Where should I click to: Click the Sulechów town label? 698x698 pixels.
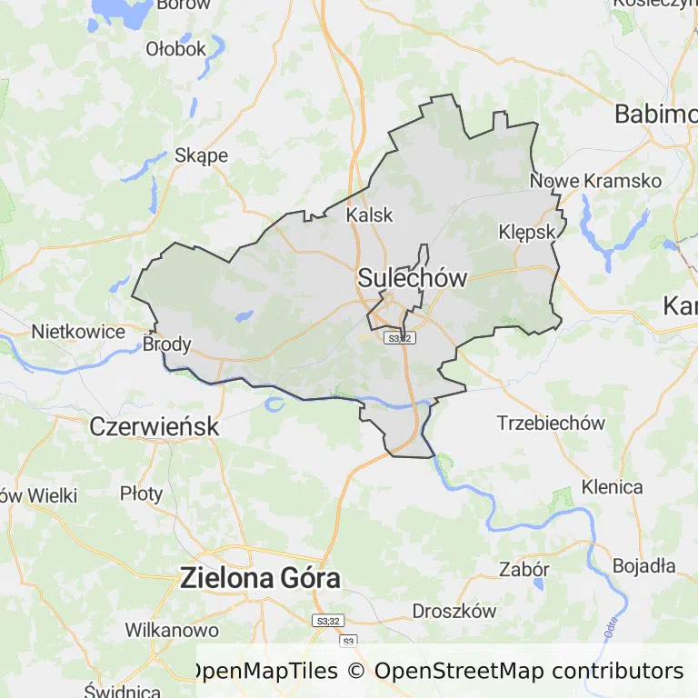point(413,278)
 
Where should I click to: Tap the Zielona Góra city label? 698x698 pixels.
point(260,577)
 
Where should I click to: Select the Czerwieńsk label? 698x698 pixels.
point(155,425)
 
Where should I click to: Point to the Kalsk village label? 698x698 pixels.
point(370,215)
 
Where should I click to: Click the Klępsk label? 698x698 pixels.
point(527,232)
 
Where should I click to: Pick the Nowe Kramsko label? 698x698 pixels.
point(595,181)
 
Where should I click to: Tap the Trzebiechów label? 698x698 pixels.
point(551,423)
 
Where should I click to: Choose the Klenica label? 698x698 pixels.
point(612,487)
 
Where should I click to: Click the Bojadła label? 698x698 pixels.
point(643,565)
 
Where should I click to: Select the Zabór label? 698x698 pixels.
point(524,570)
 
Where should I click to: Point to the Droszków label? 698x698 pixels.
point(454,611)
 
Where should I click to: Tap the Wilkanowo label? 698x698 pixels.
point(172,630)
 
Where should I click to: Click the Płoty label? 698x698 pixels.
point(142,494)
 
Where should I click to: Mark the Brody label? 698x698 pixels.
point(167,344)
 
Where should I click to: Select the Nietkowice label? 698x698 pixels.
point(78,332)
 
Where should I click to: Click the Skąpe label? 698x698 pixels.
point(201,155)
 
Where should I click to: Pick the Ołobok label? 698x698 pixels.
point(176,49)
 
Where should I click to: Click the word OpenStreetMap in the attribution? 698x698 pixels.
point(460,672)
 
